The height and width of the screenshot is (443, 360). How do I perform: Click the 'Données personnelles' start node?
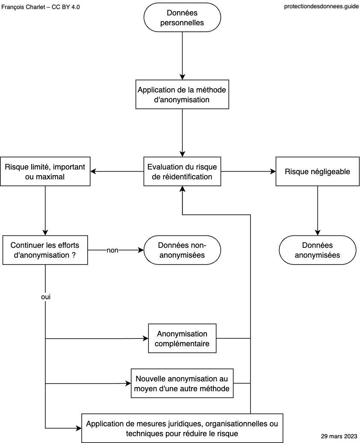point(182,18)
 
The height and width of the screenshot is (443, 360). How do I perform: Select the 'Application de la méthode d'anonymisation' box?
point(182,94)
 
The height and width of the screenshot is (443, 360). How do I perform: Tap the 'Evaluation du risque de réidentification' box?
point(182,172)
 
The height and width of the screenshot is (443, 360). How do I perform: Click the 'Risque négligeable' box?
point(317,172)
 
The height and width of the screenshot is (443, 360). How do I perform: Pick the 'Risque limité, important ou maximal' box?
point(45,172)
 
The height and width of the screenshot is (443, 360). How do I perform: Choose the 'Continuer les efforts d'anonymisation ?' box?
point(45,250)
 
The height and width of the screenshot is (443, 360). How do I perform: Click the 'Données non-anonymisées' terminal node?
point(182,250)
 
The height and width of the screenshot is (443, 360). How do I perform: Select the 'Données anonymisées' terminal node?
point(317,250)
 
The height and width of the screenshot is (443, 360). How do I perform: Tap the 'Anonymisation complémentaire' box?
point(182,339)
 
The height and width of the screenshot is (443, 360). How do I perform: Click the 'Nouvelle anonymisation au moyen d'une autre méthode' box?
point(182,384)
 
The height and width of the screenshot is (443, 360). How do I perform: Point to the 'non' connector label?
point(112,250)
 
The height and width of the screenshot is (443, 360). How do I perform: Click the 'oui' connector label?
point(46,297)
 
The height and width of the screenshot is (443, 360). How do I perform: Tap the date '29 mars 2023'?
point(339,436)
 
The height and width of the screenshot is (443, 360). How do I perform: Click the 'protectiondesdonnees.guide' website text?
point(322,6)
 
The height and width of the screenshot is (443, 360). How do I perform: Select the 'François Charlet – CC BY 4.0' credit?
point(41,7)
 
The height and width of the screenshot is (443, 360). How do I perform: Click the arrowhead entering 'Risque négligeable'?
point(273,172)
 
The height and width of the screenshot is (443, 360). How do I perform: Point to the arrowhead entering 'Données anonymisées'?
point(318,232)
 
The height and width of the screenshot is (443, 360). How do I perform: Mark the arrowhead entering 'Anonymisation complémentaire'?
point(145,339)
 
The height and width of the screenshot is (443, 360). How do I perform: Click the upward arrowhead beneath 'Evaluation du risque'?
point(182,189)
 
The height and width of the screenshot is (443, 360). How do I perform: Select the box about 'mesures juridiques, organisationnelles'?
point(182,428)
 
